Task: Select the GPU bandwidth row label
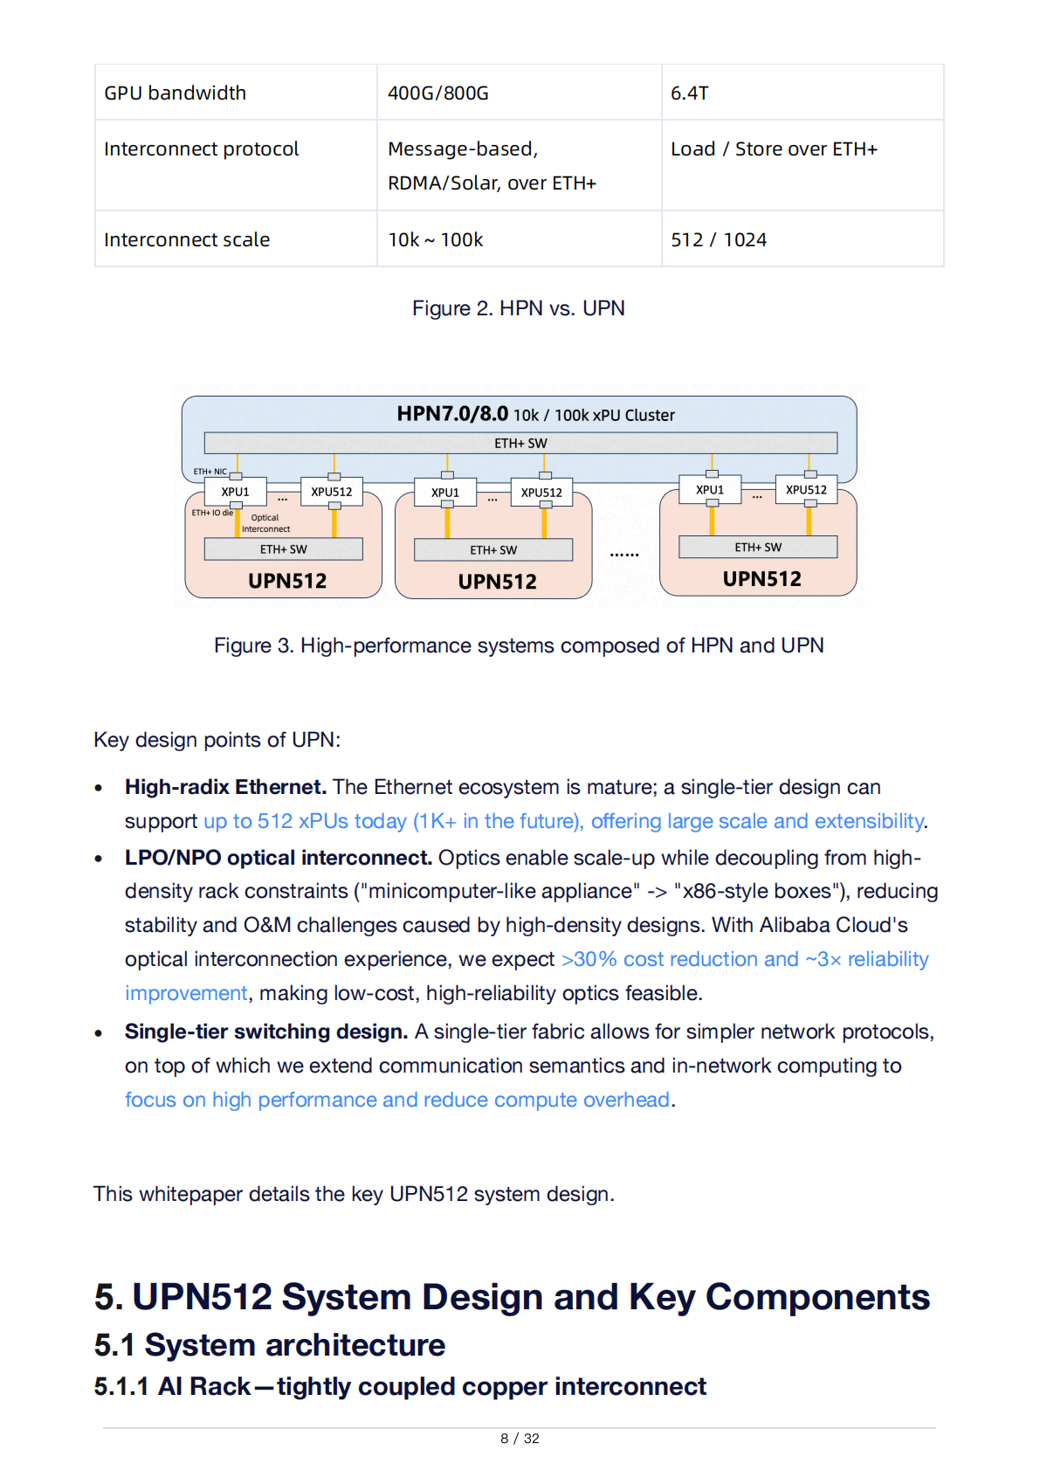coord(175,93)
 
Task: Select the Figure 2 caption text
coord(518,308)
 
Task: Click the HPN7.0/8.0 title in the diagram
coord(452,413)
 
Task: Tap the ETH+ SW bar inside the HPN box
coord(520,444)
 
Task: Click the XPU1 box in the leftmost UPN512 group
coord(235,492)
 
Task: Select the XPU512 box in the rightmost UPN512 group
coord(805,490)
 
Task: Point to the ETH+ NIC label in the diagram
coord(210,472)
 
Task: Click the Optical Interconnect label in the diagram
coord(265,523)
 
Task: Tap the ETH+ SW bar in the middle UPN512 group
coord(493,550)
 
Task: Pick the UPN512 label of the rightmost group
coord(761,579)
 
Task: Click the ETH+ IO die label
coord(212,513)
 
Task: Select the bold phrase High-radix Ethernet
coord(225,787)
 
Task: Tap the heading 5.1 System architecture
coord(269,1345)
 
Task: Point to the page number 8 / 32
coord(520,1439)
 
